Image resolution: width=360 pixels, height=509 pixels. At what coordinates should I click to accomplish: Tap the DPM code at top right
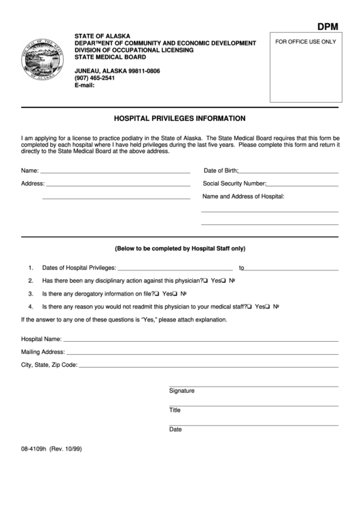point(329,27)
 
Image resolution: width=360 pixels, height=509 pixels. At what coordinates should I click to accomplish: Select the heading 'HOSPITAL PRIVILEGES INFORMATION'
point(179,118)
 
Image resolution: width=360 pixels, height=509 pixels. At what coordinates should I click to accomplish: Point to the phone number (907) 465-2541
point(94,78)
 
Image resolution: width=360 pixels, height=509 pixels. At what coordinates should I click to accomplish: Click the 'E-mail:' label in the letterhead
point(85,86)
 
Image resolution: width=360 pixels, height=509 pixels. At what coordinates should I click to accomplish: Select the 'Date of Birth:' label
point(220,170)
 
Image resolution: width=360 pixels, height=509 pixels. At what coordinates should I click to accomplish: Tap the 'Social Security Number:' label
point(234,183)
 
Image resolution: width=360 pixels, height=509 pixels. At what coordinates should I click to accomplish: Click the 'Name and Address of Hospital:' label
point(243,196)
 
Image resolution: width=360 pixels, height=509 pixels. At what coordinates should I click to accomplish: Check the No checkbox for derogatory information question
point(175,294)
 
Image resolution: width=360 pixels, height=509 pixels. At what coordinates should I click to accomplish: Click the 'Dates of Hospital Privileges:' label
point(79,268)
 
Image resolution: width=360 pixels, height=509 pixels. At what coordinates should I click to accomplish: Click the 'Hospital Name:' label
point(41,338)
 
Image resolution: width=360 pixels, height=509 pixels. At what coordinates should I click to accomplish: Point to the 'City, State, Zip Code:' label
point(50,365)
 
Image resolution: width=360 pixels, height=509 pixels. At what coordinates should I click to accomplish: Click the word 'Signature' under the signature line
point(181,391)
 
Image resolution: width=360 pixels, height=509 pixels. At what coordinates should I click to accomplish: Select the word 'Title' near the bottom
point(175,410)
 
